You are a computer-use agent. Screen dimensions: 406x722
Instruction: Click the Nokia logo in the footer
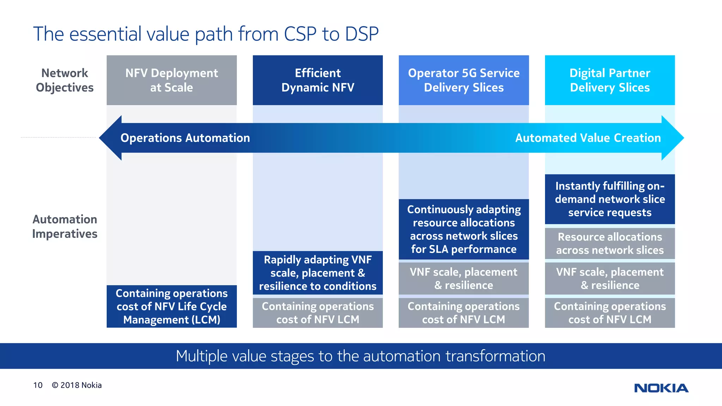pyautogui.click(x=661, y=388)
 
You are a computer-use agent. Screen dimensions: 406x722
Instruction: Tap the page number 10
pyautogui.click(x=38, y=385)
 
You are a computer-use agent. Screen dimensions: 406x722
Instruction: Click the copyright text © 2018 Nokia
pyautogui.click(x=77, y=385)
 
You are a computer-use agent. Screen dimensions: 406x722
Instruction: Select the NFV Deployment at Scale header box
pyautogui.click(x=172, y=80)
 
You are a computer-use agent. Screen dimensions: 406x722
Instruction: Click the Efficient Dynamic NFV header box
pyautogui.click(x=318, y=80)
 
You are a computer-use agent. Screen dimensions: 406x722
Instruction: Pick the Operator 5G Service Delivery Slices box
pyautogui.click(x=464, y=80)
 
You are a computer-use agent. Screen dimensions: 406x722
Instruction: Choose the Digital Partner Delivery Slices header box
pyautogui.click(x=610, y=80)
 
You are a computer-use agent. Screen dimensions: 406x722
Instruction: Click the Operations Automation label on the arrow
pyautogui.click(x=185, y=138)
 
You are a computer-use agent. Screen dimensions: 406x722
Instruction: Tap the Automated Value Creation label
pyautogui.click(x=588, y=138)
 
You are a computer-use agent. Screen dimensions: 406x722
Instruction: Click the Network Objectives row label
pyautogui.click(x=65, y=80)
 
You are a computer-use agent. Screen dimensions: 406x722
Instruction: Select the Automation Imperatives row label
pyautogui.click(x=65, y=227)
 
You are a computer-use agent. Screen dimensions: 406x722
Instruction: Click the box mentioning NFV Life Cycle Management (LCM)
pyautogui.click(x=172, y=306)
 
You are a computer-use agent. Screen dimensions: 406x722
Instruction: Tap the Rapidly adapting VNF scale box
pyautogui.click(x=318, y=273)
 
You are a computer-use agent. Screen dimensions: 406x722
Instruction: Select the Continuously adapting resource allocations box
pyautogui.click(x=464, y=229)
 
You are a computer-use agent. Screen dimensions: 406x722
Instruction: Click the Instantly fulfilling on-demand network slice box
pyautogui.click(x=610, y=199)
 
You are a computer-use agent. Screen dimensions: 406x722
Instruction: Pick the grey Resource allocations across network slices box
pyautogui.click(x=610, y=244)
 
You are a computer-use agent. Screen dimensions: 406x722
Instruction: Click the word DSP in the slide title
pyautogui.click(x=361, y=34)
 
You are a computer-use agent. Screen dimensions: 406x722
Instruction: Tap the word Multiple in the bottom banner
pyautogui.click(x=201, y=356)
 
